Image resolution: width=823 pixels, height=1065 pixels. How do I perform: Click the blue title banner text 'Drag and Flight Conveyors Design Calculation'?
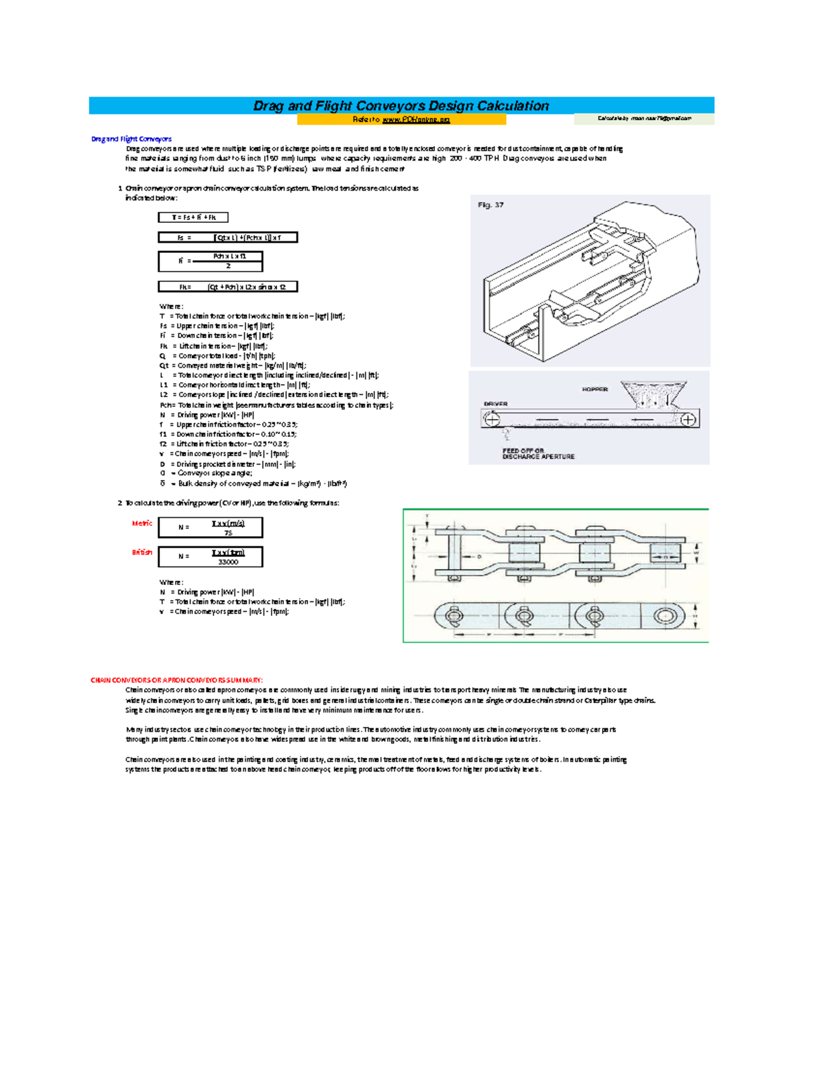tap(401, 106)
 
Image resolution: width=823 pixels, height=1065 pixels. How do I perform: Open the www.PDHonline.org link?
tap(416, 119)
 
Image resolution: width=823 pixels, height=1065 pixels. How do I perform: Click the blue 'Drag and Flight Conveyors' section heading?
tap(131, 139)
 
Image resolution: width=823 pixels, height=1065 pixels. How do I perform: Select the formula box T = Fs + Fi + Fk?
tap(193, 217)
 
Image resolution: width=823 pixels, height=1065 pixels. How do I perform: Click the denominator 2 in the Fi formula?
tap(228, 266)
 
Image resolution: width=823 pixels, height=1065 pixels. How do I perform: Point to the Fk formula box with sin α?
tap(228, 287)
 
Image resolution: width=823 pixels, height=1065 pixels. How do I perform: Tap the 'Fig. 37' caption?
tap(490, 205)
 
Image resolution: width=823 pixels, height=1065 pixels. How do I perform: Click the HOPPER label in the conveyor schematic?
tap(595, 390)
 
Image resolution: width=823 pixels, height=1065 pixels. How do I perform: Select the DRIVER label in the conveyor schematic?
tap(495, 404)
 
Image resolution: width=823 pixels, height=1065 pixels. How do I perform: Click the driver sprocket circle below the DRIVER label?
tap(492, 420)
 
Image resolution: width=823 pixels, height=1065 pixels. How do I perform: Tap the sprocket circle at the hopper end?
tap(688, 420)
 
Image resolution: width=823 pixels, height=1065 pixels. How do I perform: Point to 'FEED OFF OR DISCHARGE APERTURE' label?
tap(538, 454)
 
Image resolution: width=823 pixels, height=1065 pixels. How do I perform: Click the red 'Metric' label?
tap(142, 523)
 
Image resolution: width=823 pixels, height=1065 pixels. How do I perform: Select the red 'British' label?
tap(142, 552)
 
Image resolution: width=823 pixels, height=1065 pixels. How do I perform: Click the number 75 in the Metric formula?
tap(228, 533)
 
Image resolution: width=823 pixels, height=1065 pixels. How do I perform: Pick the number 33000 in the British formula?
tap(228, 562)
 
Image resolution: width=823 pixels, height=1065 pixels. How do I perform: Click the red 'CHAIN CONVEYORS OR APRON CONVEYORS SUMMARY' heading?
tap(176, 680)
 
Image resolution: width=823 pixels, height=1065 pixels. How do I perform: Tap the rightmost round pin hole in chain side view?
tap(665, 616)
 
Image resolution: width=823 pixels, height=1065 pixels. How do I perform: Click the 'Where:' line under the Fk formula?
tap(171, 307)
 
